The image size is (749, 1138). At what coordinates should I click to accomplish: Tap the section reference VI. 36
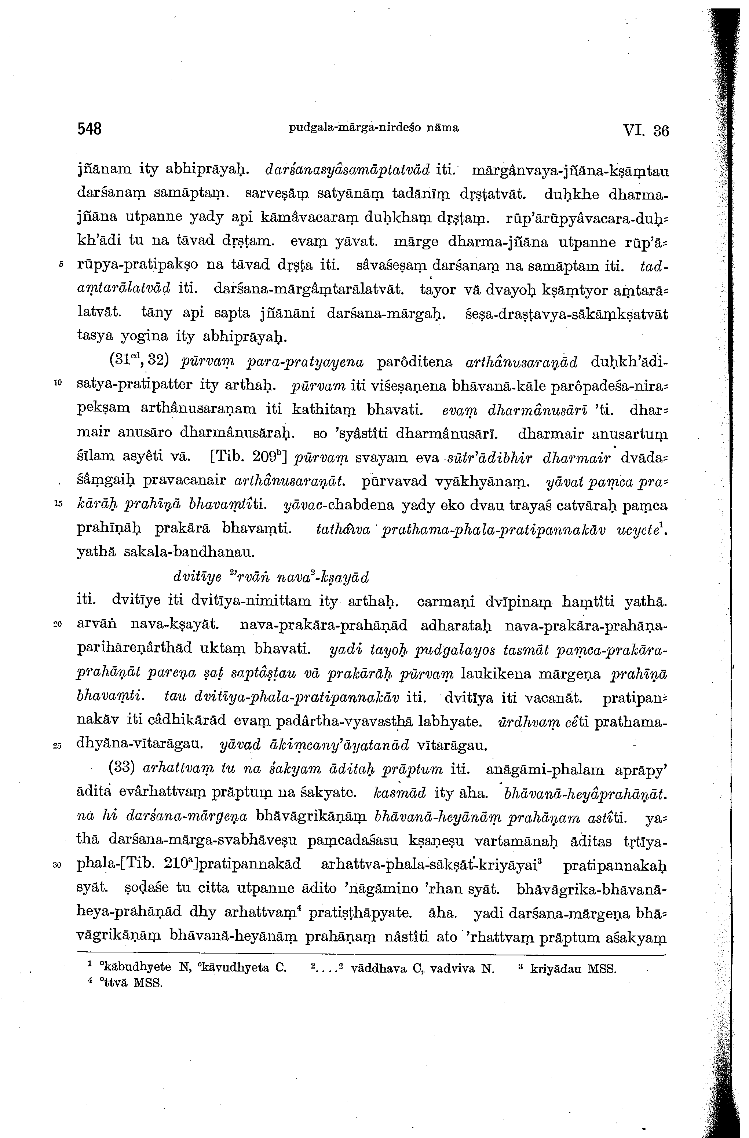pos(645,130)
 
